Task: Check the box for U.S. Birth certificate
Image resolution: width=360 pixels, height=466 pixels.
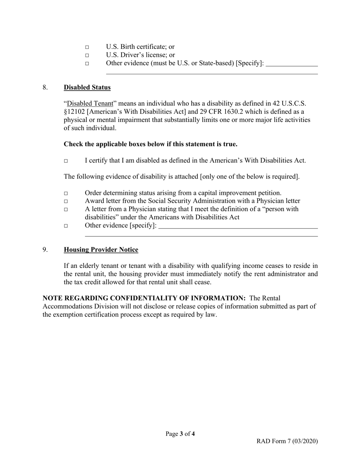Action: tap(87, 47)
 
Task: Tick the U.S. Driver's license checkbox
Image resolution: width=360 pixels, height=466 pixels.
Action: tap(87, 56)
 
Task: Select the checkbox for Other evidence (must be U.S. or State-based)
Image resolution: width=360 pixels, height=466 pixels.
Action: tap(87, 64)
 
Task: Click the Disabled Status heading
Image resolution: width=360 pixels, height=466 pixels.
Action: tap(87, 88)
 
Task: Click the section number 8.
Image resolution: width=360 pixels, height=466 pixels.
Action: tap(45, 88)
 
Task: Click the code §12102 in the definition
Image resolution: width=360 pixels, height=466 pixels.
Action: tap(74, 112)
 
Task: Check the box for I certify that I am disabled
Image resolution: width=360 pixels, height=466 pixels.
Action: tap(66, 161)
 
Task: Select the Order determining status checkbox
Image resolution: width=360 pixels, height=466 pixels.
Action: tap(66, 194)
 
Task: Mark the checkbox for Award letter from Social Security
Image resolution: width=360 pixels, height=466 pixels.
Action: tap(66, 202)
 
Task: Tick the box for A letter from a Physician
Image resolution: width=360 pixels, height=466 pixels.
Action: tap(66, 210)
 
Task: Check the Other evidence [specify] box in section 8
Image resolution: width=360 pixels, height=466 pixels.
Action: tap(66, 226)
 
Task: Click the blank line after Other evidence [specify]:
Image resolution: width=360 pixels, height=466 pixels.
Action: tap(238, 226)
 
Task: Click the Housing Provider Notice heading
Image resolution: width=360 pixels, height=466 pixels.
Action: tap(101, 250)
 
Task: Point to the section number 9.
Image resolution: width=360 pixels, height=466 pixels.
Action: tap(45, 250)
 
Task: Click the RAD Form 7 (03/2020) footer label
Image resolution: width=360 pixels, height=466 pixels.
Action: tap(287, 441)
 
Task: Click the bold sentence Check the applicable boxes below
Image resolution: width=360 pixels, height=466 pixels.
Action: tap(150, 144)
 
